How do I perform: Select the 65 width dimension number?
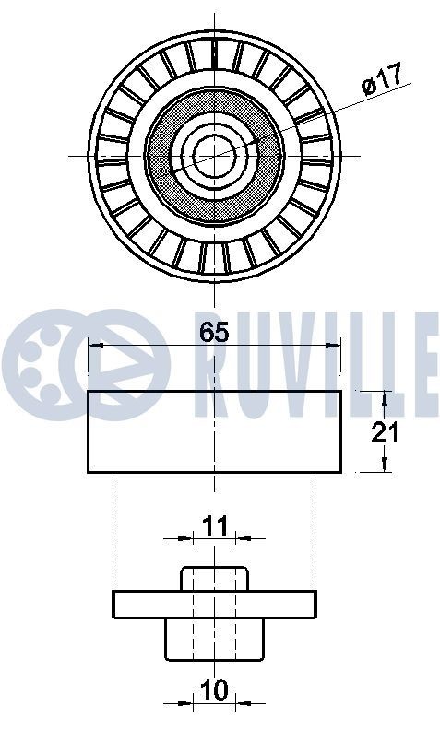click(x=213, y=333)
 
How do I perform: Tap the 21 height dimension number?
click(x=385, y=431)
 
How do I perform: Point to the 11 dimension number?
click(x=214, y=526)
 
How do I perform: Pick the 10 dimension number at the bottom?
click(x=214, y=690)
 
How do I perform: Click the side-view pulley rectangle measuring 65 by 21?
click(x=214, y=431)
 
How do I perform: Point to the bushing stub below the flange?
click(x=214, y=637)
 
